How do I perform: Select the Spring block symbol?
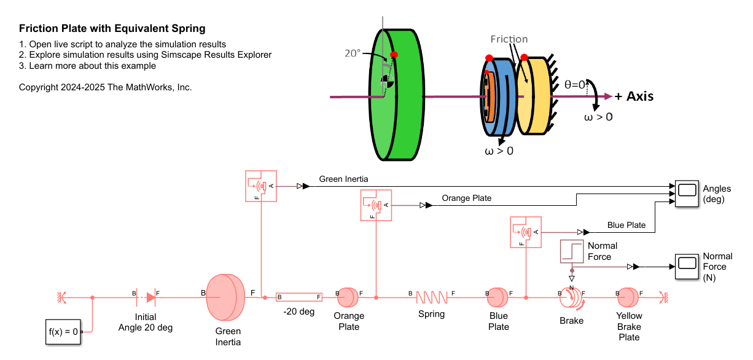432,298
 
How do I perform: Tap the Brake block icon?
571,298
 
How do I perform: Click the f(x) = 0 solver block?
63,332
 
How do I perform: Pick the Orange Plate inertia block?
347,298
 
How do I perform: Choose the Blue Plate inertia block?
497,298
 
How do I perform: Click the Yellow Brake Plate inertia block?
628,298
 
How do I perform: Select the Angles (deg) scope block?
687,194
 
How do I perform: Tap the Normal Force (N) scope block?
687,267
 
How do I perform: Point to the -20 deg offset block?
299,297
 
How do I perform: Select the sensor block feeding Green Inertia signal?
260,186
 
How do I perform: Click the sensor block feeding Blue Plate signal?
526,232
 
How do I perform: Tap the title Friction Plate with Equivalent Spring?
112,28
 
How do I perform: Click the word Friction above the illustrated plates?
509,39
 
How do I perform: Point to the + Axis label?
633,96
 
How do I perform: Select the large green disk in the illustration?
399,95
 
